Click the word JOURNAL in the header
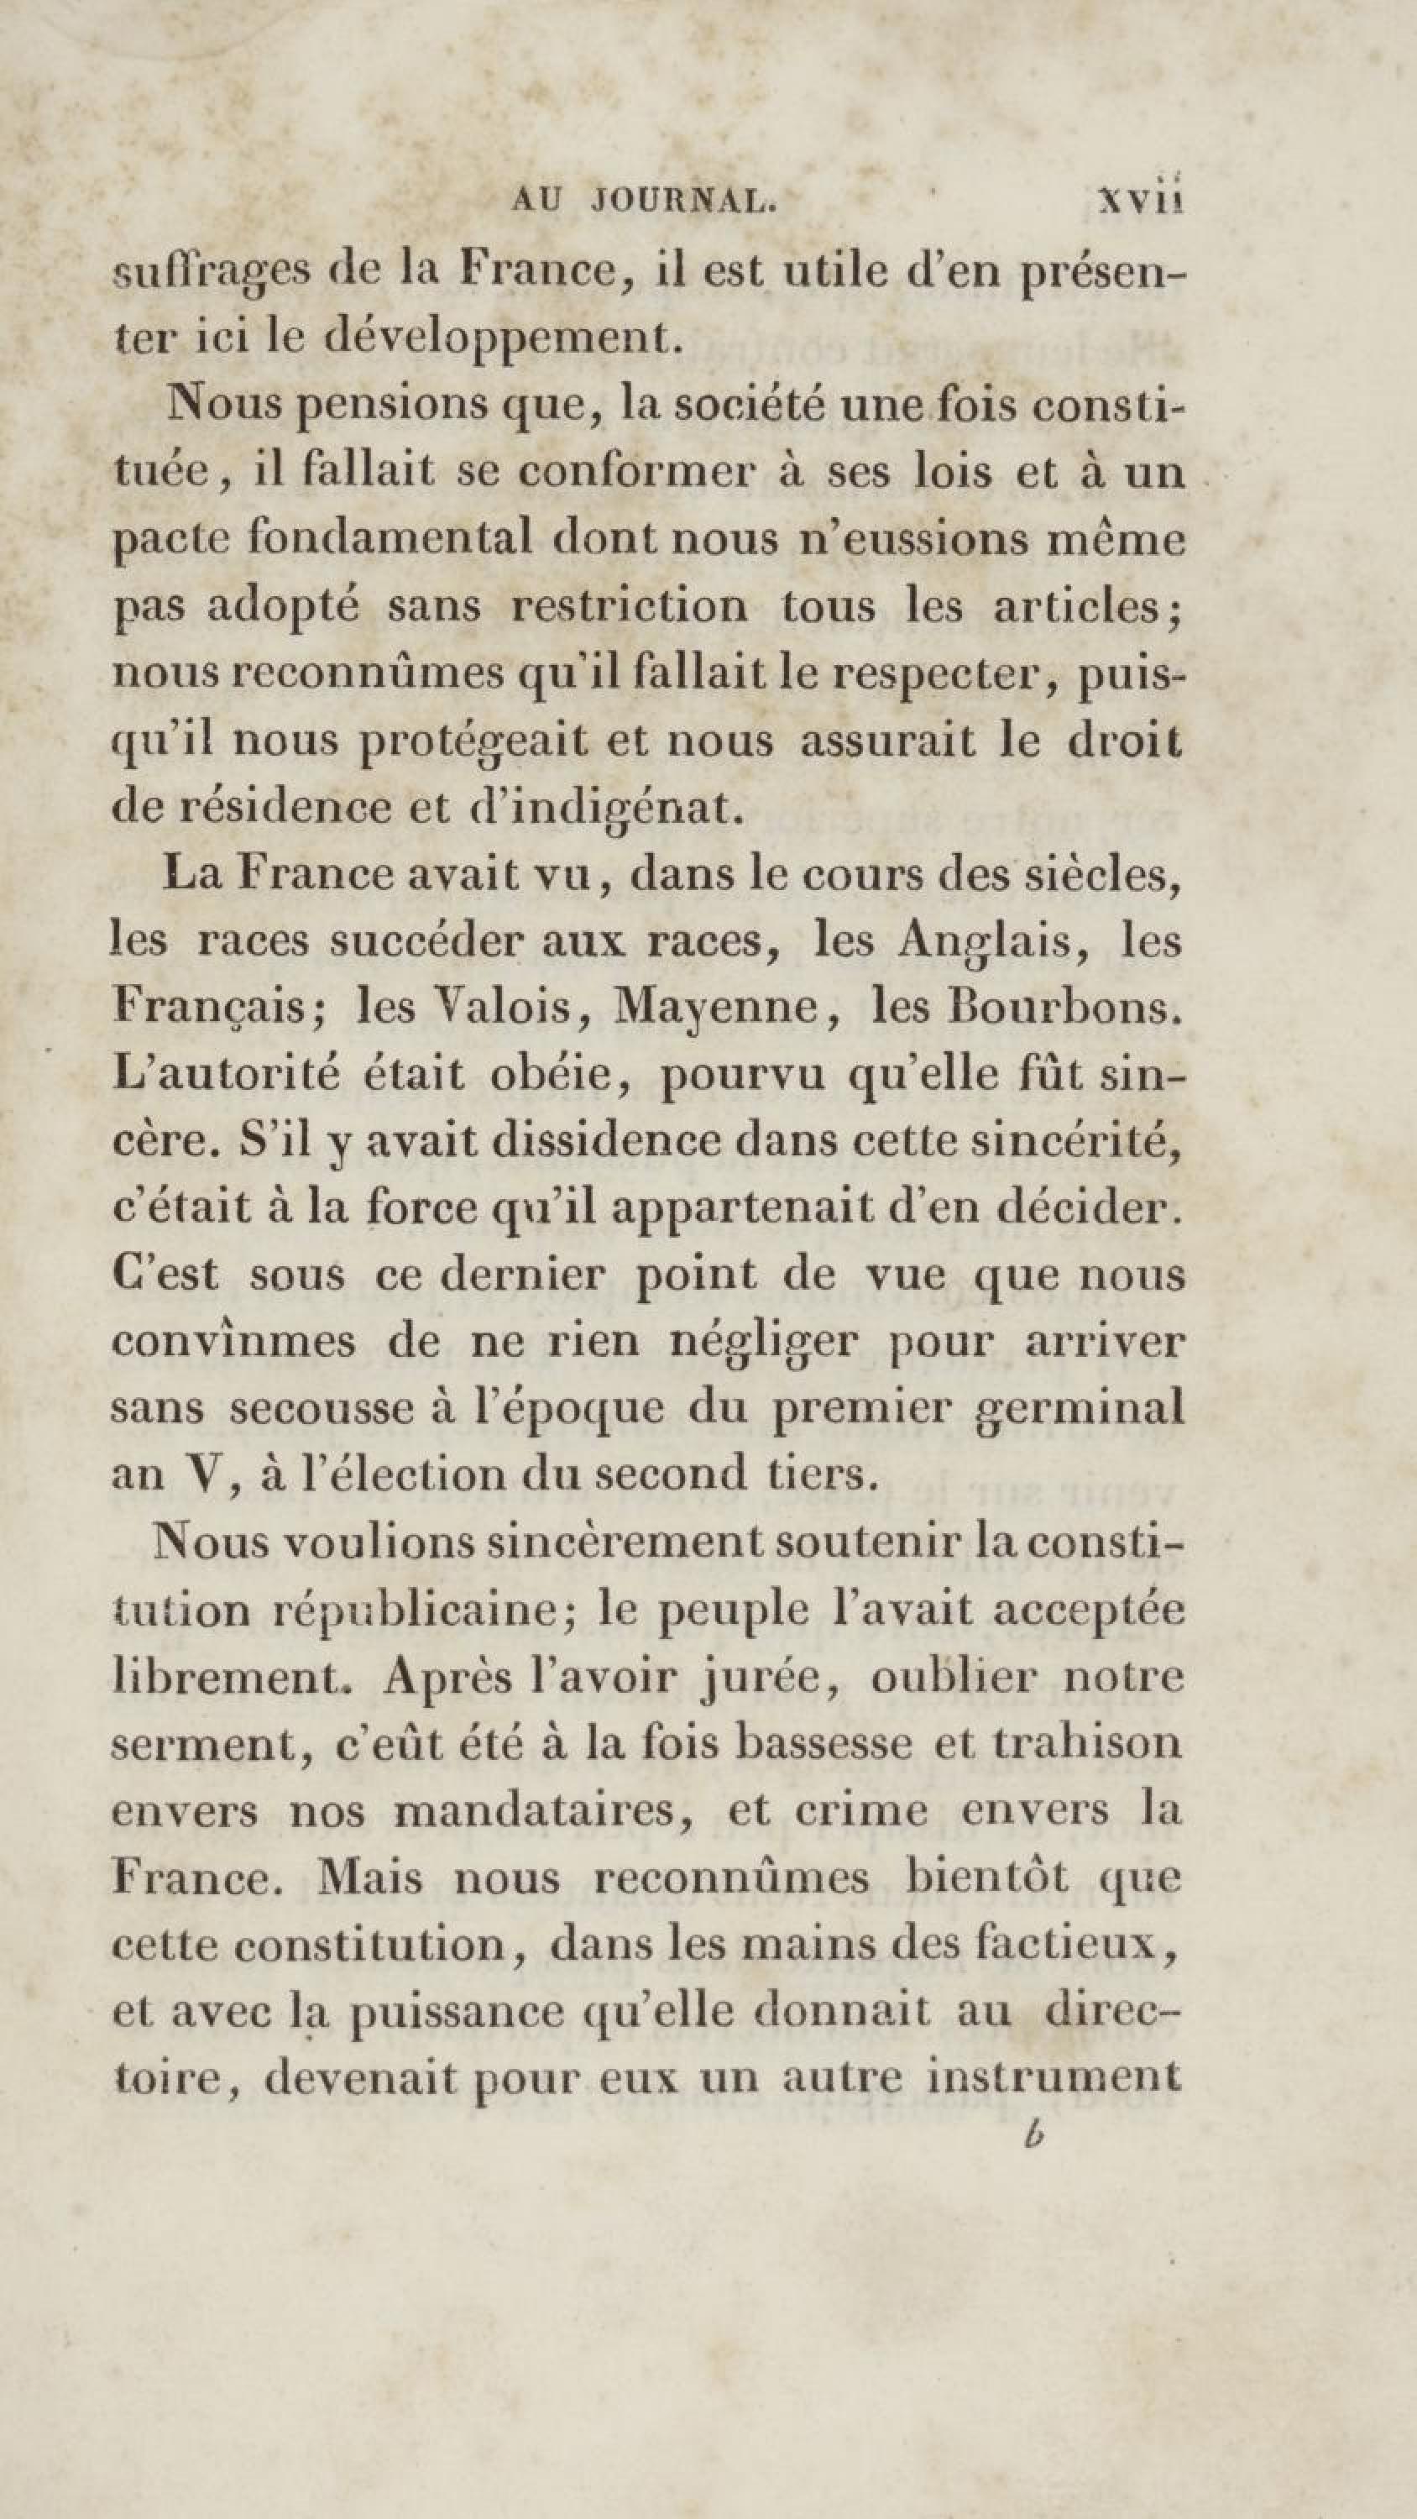(683, 201)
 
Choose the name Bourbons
(1065, 1008)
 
